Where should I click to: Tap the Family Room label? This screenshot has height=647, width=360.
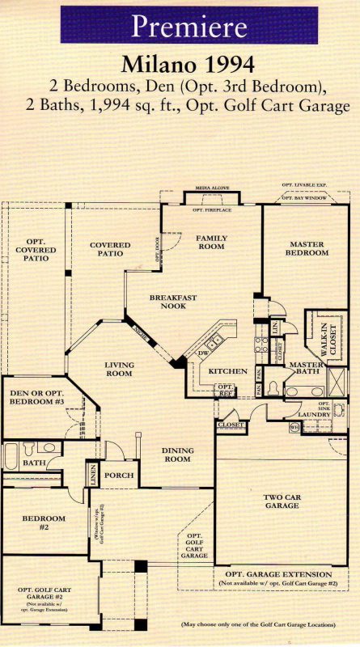(x=211, y=242)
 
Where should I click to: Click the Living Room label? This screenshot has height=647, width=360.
(x=119, y=370)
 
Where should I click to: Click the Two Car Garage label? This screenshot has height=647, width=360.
(x=282, y=501)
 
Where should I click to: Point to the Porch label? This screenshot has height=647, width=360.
(x=119, y=476)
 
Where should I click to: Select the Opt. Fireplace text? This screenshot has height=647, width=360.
(x=213, y=210)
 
